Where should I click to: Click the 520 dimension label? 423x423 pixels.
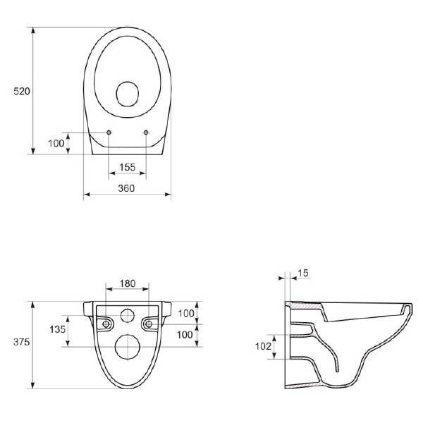[x=22, y=91]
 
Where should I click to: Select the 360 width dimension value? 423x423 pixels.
[x=126, y=188]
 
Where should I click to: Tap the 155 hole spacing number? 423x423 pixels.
[x=128, y=167]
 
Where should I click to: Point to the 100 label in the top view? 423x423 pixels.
[x=56, y=143]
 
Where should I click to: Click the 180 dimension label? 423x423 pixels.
[x=128, y=283]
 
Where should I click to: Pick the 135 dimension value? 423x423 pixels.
[x=58, y=329]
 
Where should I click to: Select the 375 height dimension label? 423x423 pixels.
[x=21, y=342]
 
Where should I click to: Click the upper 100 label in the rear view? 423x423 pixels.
[x=186, y=313]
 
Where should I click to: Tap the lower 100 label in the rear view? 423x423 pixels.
[x=185, y=335]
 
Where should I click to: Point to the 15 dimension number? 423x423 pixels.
[x=303, y=273]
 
